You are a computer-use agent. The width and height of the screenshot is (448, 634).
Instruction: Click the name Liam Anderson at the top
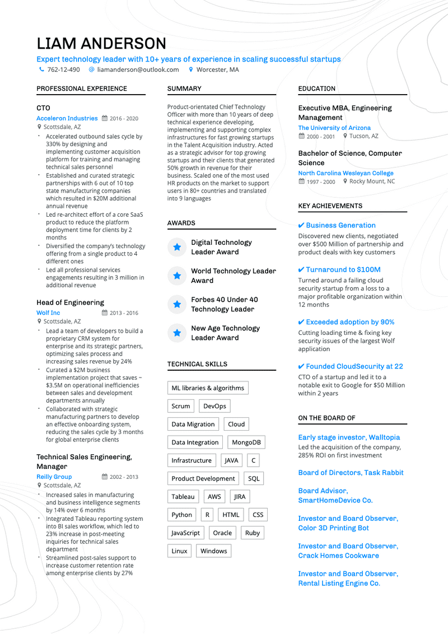[x=101, y=44]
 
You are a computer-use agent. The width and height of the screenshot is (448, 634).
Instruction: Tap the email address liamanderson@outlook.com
[x=138, y=70]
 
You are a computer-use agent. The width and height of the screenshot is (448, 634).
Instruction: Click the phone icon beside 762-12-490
[x=41, y=70]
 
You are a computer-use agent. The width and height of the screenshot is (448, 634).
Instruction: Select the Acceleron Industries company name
[x=67, y=119]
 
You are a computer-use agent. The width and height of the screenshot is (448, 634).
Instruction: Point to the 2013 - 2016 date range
[x=124, y=313]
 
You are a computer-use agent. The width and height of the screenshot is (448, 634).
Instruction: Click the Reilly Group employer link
[x=54, y=477]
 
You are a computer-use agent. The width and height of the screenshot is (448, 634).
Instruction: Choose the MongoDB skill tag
[x=246, y=442]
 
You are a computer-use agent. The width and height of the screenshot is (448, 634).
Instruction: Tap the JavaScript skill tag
[x=185, y=533]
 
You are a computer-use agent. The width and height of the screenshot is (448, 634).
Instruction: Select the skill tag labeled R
[x=207, y=515]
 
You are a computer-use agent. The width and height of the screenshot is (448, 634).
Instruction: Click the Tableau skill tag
[x=183, y=497]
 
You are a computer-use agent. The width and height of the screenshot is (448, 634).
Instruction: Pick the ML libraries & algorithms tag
[x=208, y=388]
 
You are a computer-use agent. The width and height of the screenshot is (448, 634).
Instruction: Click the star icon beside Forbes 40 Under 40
[x=177, y=305]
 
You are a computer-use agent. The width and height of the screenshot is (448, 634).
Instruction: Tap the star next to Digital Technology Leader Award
[x=177, y=247]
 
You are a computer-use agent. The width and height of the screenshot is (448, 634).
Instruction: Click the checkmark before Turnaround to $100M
[x=301, y=270]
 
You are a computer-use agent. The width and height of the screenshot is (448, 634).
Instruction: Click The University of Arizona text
[x=334, y=128]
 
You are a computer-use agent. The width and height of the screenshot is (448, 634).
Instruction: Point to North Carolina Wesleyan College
[x=346, y=174]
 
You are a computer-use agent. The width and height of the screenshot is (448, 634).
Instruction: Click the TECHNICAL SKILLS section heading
[x=197, y=365]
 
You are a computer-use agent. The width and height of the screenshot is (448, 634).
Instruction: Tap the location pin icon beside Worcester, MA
[x=191, y=70]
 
